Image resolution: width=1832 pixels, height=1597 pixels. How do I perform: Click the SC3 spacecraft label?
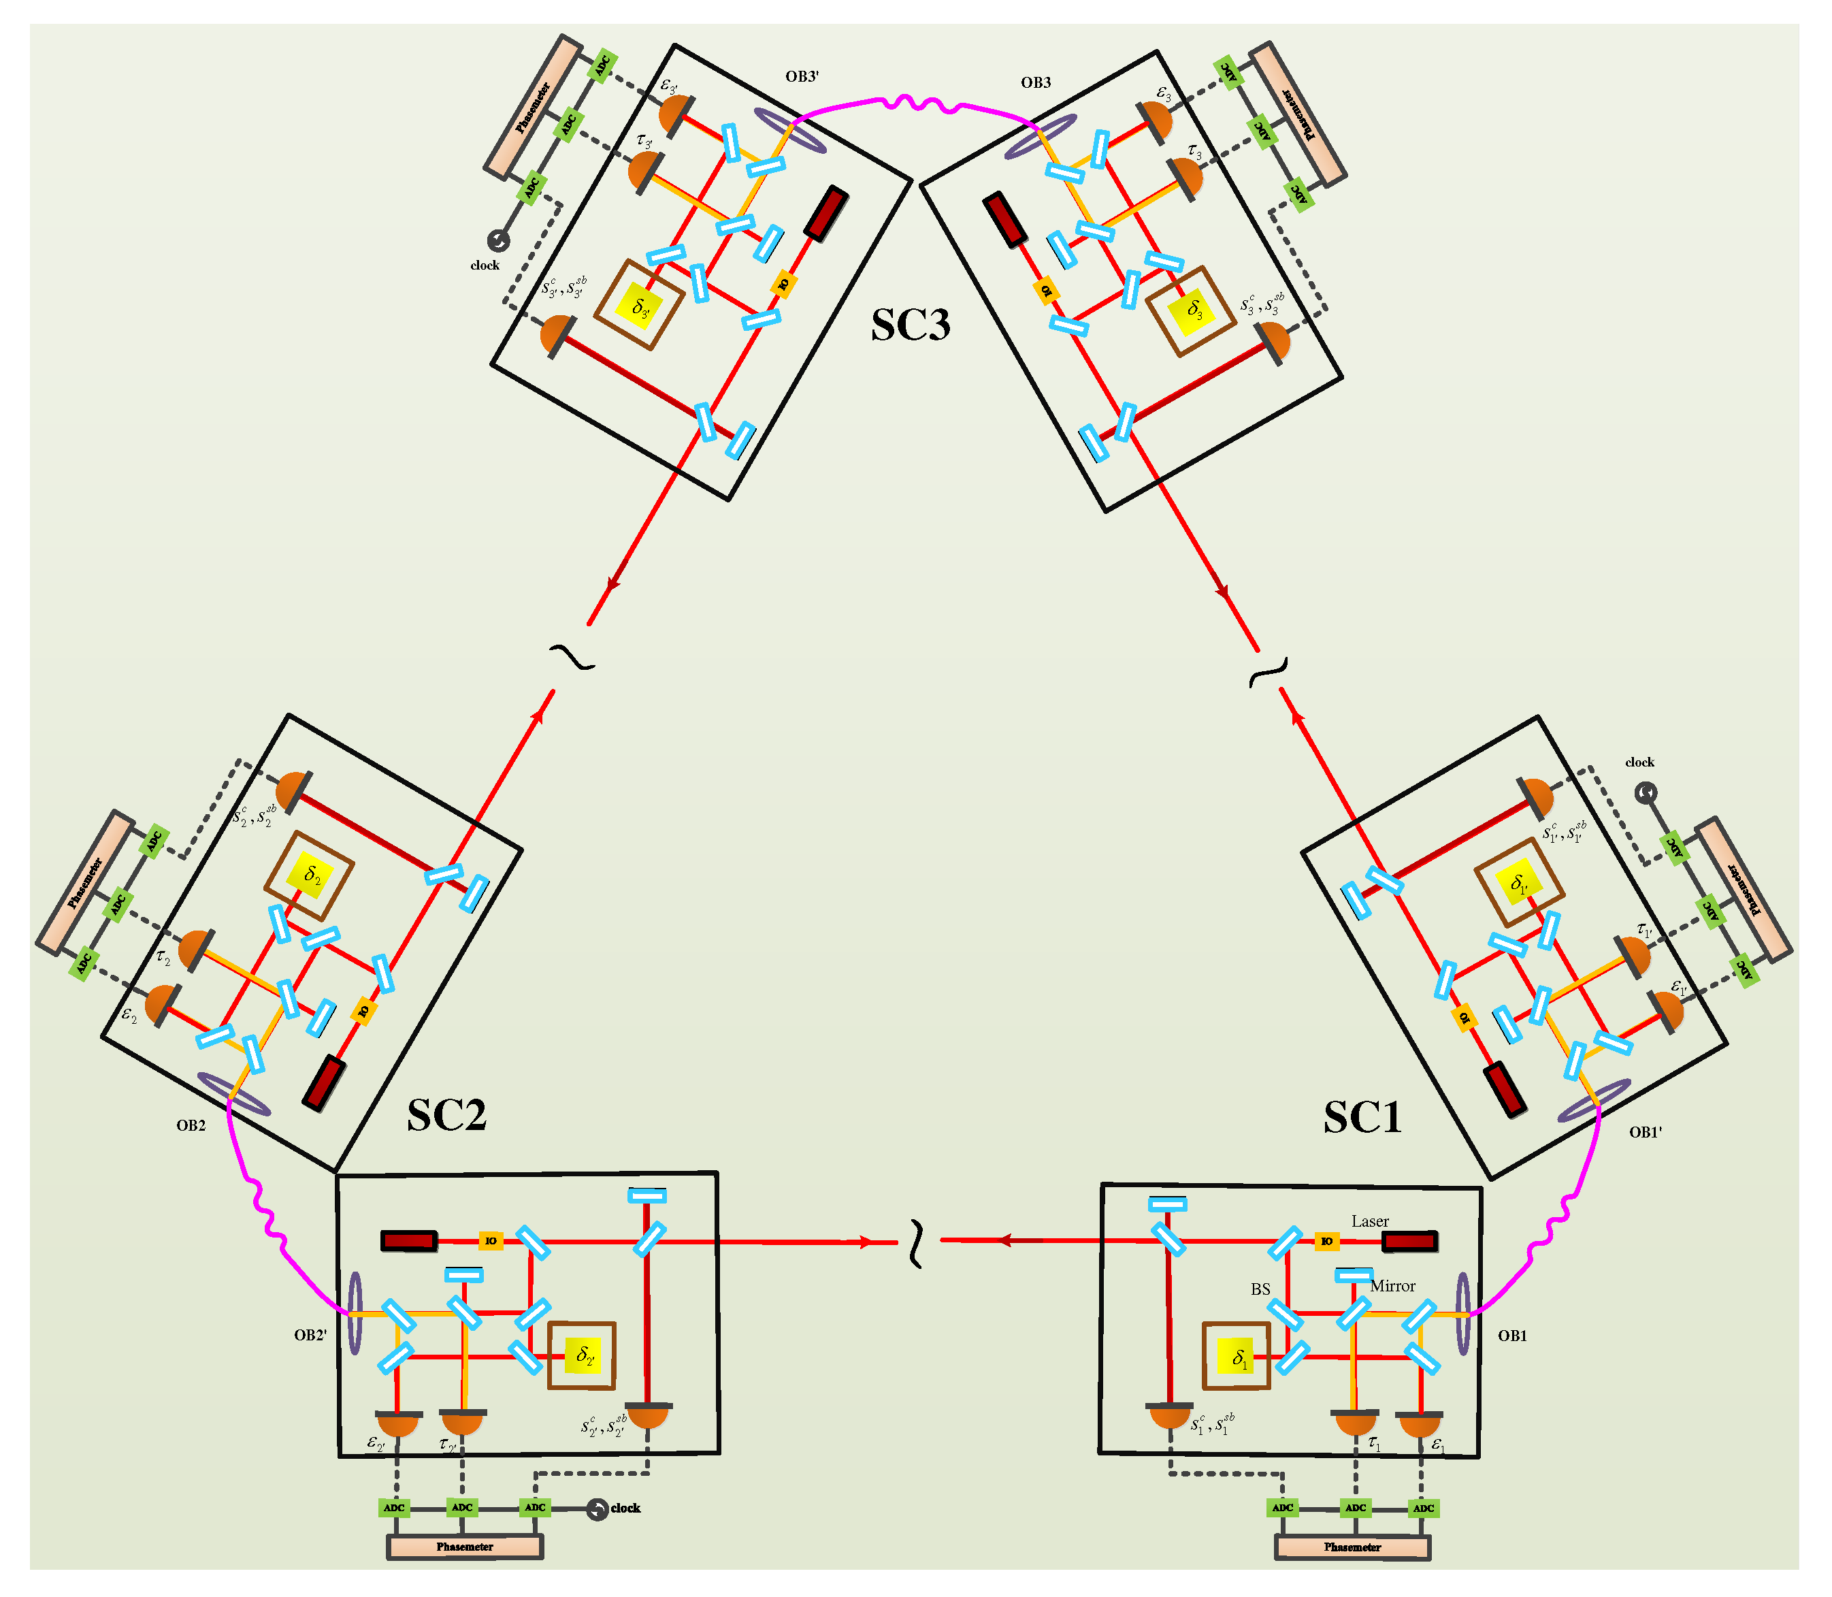(x=910, y=325)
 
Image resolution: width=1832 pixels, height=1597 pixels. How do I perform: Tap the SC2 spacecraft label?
(x=446, y=1115)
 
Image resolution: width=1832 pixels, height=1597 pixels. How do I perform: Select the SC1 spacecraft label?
(x=1362, y=1118)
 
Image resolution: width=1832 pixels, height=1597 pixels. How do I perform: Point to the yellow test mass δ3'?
(x=640, y=305)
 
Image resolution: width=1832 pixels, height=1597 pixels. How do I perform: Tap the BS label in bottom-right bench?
(x=1260, y=1289)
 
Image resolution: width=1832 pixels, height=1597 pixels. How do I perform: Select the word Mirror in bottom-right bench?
(x=1392, y=1286)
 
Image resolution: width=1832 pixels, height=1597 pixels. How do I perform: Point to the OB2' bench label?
(x=310, y=1335)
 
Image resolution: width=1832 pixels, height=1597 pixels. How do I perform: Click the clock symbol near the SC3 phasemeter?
(x=498, y=240)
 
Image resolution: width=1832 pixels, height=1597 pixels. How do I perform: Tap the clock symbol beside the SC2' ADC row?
(x=597, y=1509)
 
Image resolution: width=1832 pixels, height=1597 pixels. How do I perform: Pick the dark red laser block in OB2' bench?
(x=409, y=1240)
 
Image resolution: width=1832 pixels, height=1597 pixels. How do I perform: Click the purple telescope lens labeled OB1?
(x=1462, y=1314)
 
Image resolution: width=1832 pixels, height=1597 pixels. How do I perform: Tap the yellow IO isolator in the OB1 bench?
(x=1327, y=1242)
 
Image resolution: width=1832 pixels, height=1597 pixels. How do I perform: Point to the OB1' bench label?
(x=1645, y=1133)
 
